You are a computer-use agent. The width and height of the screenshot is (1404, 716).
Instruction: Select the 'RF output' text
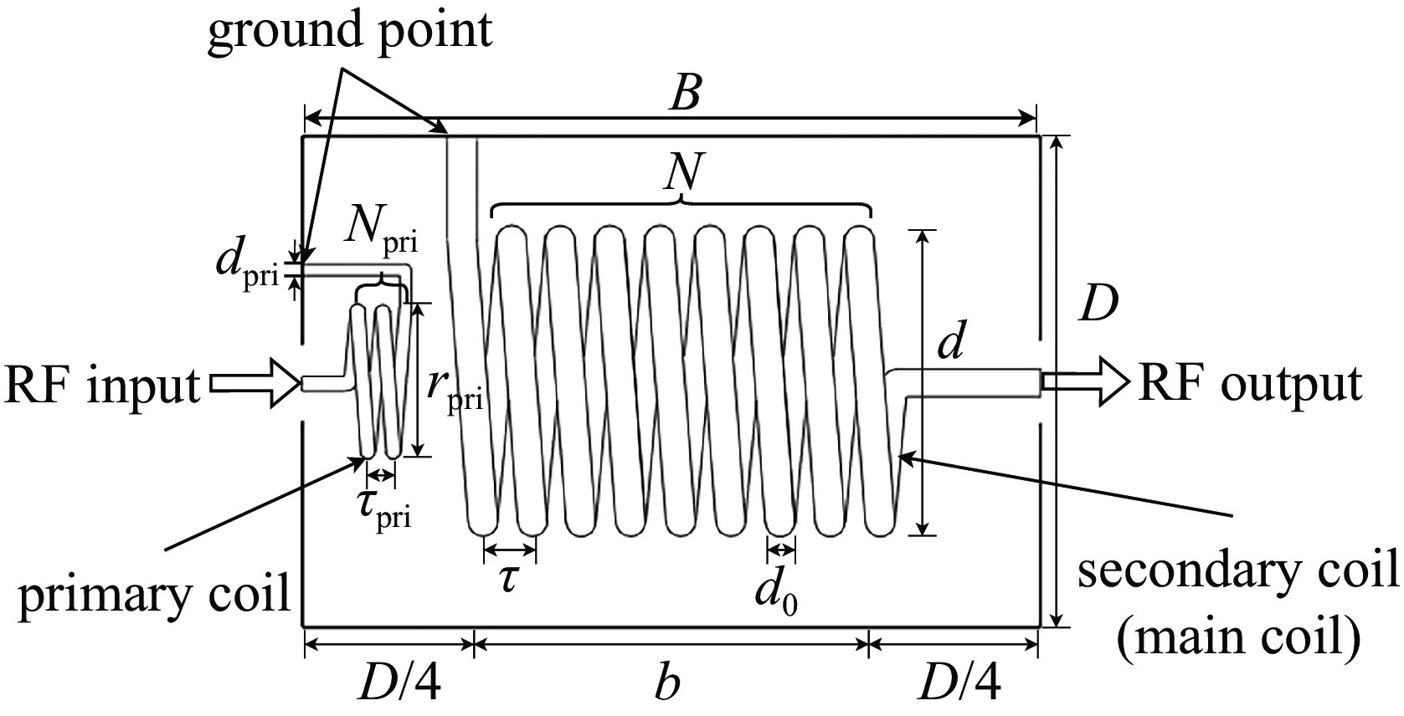coord(1250,383)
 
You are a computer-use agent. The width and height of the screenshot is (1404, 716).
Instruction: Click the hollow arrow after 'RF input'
coord(254,383)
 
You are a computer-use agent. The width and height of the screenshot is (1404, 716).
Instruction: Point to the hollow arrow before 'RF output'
coord(1086,382)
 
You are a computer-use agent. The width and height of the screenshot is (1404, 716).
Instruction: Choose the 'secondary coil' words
coord(1238,572)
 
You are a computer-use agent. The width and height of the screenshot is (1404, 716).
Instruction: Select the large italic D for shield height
coord(1099,305)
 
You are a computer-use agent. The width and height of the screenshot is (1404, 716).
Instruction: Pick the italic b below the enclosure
coord(666,681)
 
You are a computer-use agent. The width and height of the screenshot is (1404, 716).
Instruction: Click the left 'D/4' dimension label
coord(399,683)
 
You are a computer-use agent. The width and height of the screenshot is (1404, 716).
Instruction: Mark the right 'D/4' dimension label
coord(959,683)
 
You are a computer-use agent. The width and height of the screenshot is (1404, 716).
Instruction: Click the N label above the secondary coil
coord(683,171)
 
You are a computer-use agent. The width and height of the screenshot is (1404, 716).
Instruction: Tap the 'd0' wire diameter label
coord(776,593)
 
